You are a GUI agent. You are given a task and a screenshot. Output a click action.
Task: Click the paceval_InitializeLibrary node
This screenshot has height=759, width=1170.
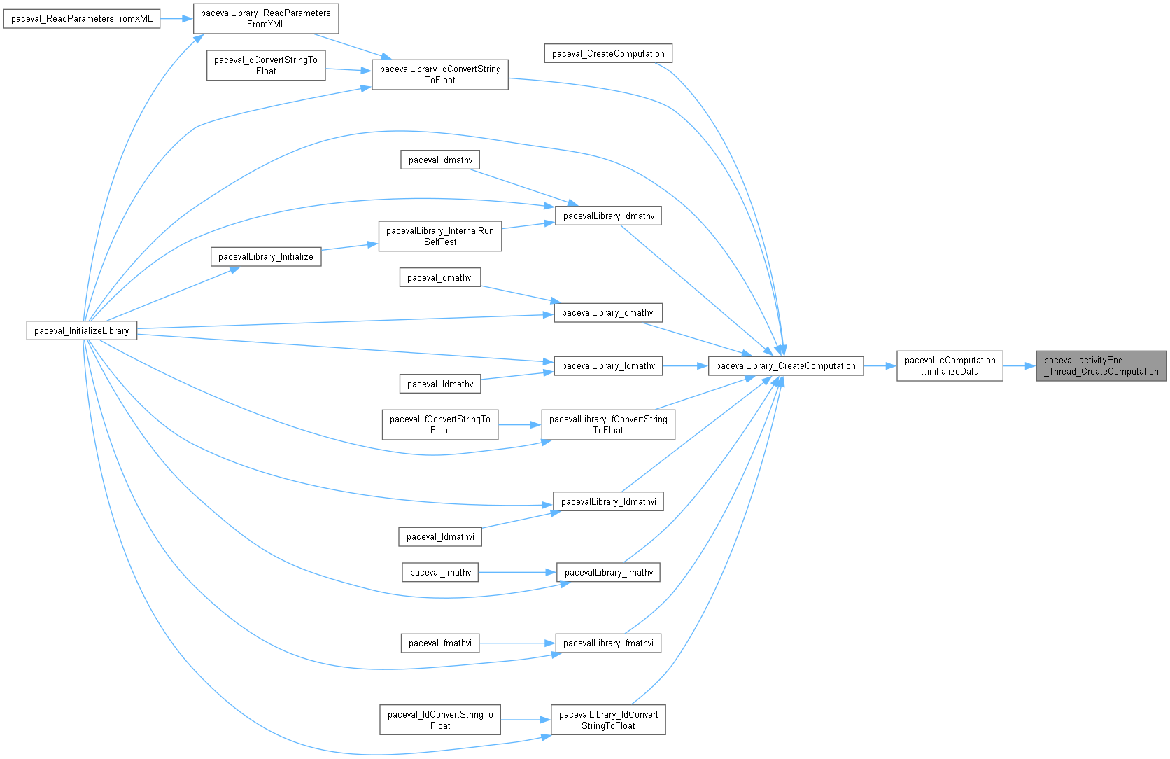(x=82, y=330)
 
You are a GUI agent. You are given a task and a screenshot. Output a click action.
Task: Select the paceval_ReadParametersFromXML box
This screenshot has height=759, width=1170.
(x=82, y=18)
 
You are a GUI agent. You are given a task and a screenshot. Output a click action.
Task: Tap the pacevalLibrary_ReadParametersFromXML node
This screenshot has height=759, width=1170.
(x=266, y=18)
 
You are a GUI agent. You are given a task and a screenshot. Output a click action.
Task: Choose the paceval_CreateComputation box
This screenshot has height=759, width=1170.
(x=608, y=53)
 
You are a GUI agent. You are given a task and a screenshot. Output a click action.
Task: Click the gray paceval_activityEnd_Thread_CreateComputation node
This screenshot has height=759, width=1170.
(x=1101, y=365)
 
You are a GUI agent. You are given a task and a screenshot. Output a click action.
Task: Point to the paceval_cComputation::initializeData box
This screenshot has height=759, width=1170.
(x=950, y=365)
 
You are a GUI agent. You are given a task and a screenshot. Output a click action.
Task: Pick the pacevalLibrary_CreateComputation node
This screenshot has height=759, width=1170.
(x=785, y=365)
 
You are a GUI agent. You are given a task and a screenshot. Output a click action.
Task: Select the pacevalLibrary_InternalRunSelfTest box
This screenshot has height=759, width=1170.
(x=440, y=236)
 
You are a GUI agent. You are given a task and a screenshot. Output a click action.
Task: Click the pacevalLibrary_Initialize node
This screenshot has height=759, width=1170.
(x=266, y=256)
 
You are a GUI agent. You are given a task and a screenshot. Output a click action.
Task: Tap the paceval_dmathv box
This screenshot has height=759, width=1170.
(x=440, y=160)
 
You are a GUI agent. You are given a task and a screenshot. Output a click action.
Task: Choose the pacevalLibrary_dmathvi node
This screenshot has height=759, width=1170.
(x=608, y=312)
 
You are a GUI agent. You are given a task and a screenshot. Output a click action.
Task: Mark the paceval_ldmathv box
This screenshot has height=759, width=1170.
(x=440, y=384)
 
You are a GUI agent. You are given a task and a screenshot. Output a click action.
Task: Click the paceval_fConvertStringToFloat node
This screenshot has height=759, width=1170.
(x=440, y=424)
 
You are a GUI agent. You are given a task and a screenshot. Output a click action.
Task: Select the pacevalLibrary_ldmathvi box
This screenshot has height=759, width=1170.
(x=608, y=501)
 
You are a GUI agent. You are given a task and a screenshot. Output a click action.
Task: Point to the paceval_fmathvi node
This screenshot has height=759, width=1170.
(x=440, y=643)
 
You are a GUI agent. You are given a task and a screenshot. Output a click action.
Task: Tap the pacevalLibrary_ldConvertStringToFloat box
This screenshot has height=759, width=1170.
(x=608, y=720)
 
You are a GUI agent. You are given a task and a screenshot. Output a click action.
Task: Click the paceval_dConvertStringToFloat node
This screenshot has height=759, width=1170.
(x=266, y=65)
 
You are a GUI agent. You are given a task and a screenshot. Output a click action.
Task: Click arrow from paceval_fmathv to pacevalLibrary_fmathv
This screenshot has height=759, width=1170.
(x=518, y=572)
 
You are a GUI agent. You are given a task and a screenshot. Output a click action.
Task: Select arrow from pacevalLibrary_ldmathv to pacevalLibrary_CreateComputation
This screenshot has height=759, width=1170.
(x=685, y=365)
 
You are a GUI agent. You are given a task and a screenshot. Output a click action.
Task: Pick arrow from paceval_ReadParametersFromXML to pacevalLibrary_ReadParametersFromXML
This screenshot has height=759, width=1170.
(x=176, y=18)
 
